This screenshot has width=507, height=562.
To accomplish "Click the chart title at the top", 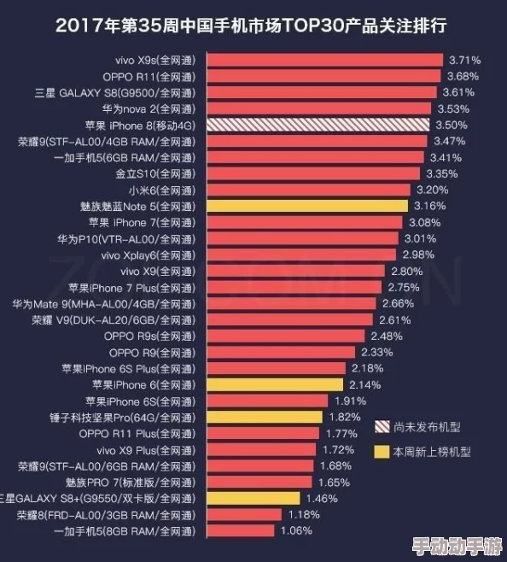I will click(x=253, y=25).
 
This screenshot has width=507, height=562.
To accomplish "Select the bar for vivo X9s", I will click(x=323, y=60).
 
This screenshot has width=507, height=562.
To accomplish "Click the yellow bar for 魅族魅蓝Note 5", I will click(x=306, y=206).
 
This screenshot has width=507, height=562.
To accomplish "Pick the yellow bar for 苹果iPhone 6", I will click(x=274, y=384).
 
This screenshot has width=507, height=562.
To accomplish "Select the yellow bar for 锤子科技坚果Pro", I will click(x=264, y=417).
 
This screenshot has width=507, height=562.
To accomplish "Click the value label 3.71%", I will click(x=464, y=60).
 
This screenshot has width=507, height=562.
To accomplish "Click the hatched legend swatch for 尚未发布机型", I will click(x=382, y=426).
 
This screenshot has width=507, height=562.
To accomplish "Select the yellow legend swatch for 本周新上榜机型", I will click(x=382, y=451).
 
